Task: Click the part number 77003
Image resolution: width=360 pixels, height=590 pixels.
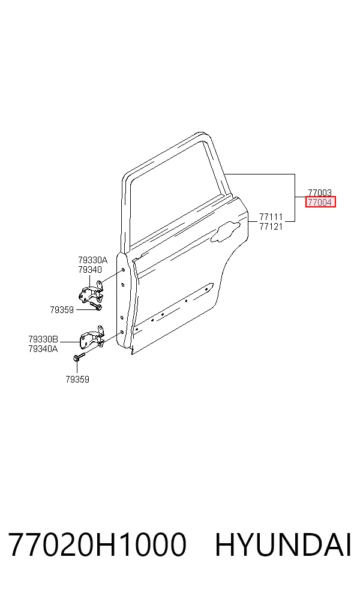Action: pos(320,193)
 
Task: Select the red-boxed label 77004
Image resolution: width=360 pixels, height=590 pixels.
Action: pos(320,203)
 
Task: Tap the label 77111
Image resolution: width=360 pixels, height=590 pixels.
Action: pos(271,217)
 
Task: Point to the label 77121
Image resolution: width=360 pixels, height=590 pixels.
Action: pos(271,227)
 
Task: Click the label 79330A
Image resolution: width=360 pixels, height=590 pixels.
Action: pos(92,260)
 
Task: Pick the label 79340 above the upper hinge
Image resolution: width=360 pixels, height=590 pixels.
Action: pos(90,269)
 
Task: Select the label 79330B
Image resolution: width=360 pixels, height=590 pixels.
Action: pos(43,339)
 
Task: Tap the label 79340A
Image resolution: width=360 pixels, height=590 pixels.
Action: pos(43,349)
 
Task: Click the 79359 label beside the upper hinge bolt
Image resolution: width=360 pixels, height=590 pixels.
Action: pos(62,309)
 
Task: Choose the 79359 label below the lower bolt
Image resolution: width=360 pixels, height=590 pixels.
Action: pos(77,380)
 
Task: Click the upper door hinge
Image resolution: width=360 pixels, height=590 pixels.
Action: pos(91,292)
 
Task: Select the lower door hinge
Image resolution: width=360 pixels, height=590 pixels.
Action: pos(92,337)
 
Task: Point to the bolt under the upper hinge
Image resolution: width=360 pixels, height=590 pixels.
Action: pos(96,306)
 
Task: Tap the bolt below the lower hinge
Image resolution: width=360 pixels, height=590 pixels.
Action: pos(79,356)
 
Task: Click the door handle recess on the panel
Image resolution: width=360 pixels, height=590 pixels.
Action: pos(226,231)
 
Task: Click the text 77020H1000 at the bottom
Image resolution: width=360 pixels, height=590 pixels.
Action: pos(97,544)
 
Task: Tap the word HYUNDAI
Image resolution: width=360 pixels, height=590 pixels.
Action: pos(283,544)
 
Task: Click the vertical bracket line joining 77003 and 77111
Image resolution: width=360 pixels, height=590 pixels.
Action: pos(295,197)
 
